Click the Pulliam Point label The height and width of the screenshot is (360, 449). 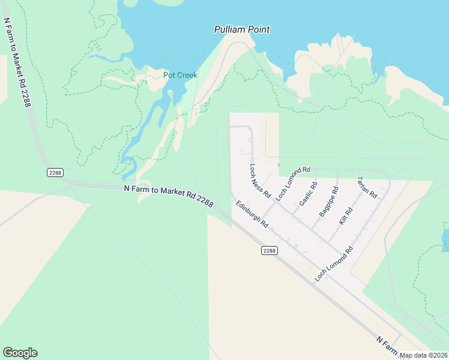click(x=242, y=29)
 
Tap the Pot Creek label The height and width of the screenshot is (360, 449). click(x=180, y=75)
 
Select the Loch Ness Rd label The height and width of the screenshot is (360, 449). click(x=261, y=182)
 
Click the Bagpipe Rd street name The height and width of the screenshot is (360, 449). click(x=328, y=202)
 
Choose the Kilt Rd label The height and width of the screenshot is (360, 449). click(x=347, y=213)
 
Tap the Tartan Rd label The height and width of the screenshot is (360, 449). click(x=366, y=187)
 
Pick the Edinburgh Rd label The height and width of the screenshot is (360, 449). click(x=252, y=214)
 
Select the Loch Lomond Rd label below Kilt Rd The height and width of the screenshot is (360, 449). click(x=334, y=265)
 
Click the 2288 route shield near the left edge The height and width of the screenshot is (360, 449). click(x=55, y=172)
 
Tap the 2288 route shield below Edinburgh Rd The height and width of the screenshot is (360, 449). click(x=270, y=251)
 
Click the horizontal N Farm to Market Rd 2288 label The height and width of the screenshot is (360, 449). click(x=169, y=196)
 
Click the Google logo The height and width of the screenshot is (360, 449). click(x=20, y=353)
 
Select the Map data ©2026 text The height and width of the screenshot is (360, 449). click(x=424, y=355)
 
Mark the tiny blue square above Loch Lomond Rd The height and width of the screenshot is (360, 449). click(x=279, y=165)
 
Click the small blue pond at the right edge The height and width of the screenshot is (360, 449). click(x=445, y=239)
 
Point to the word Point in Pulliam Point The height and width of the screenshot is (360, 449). click(x=258, y=29)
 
